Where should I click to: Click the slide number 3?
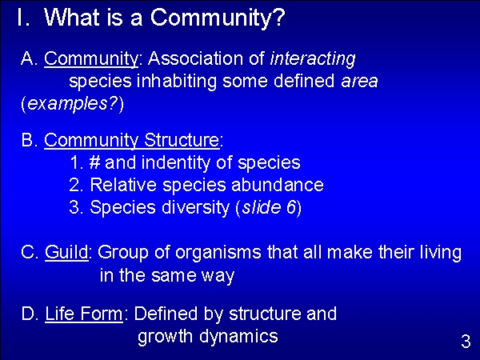(x=466, y=342)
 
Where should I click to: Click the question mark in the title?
(x=279, y=17)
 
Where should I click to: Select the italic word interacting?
(x=313, y=58)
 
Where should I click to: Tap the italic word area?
(x=359, y=82)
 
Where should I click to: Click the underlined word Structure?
(x=182, y=140)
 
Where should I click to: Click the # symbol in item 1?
(x=95, y=162)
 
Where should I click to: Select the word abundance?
(x=278, y=185)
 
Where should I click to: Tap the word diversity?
(x=196, y=208)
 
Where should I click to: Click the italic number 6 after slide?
(x=291, y=207)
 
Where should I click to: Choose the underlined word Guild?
(x=66, y=252)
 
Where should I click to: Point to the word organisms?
(x=218, y=253)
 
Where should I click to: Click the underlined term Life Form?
(x=84, y=314)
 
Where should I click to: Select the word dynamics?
(x=238, y=337)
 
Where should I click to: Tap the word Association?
(x=196, y=58)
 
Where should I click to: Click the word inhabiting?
(x=177, y=82)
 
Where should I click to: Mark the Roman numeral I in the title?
(x=20, y=17)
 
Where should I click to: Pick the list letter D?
(x=27, y=314)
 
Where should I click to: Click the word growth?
(x=165, y=337)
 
